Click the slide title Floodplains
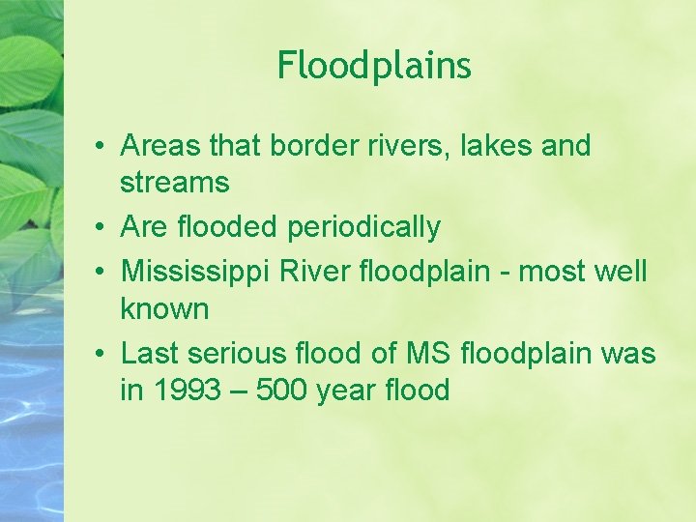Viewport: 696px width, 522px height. coord(374,66)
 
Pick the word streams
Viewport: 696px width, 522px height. coord(175,182)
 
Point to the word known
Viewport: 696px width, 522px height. coord(164,309)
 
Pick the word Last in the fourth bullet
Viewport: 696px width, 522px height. coord(151,354)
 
